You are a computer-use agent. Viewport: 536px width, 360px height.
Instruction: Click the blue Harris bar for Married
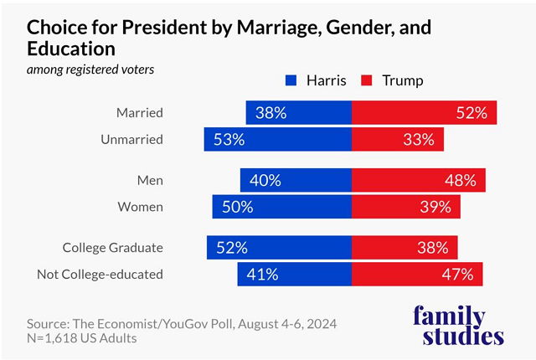tap(298, 113)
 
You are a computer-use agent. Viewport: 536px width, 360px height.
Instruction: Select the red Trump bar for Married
tap(424, 113)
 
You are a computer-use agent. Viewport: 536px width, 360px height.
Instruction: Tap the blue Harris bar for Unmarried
tap(277, 140)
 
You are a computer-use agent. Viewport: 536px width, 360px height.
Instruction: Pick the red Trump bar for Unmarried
tap(397, 140)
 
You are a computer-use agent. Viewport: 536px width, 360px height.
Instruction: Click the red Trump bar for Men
tap(418, 180)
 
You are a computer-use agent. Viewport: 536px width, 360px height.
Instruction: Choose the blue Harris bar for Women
tap(281, 207)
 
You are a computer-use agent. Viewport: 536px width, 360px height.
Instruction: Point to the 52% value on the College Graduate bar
tap(232, 247)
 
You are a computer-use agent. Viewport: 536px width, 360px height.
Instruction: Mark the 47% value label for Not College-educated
tap(457, 274)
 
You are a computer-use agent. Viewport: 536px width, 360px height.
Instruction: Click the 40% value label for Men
tap(265, 180)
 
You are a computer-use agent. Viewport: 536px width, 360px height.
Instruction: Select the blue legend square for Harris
tap(291, 81)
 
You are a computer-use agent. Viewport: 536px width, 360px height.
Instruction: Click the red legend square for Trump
tap(367, 81)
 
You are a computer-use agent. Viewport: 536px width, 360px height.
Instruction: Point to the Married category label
tap(140, 113)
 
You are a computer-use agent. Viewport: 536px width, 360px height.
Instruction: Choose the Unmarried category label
tap(132, 140)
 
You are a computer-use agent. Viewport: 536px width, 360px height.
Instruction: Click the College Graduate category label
tap(113, 247)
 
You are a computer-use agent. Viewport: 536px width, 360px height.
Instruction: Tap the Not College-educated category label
tap(100, 274)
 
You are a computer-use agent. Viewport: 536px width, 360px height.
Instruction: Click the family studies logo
tap(460, 326)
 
